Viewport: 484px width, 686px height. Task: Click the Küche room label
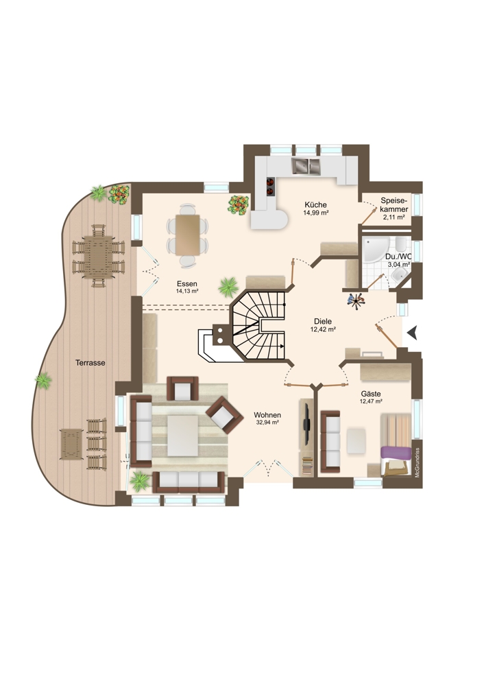[315, 204]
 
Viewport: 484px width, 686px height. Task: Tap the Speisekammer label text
[394, 204]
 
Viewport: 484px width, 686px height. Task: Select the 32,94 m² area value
[267, 423]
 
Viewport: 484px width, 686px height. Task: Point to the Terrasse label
[90, 363]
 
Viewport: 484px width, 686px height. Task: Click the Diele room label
[323, 322]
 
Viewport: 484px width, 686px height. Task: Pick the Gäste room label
[371, 394]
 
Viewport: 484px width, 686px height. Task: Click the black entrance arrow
[411, 333]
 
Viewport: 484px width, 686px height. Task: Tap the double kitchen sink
[306, 166]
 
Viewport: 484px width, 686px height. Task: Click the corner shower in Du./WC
[374, 250]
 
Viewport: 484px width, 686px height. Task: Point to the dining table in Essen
[188, 235]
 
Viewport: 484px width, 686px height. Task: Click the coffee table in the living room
[182, 436]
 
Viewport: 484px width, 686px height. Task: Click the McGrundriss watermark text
[418, 462]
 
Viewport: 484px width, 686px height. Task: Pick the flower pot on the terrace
[119, 194]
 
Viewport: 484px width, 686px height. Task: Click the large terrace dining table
[98, 257]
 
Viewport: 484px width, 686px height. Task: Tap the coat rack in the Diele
[356, 300]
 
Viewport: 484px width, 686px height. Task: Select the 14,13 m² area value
[187, 290]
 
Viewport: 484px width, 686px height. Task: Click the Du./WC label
[398, 257]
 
